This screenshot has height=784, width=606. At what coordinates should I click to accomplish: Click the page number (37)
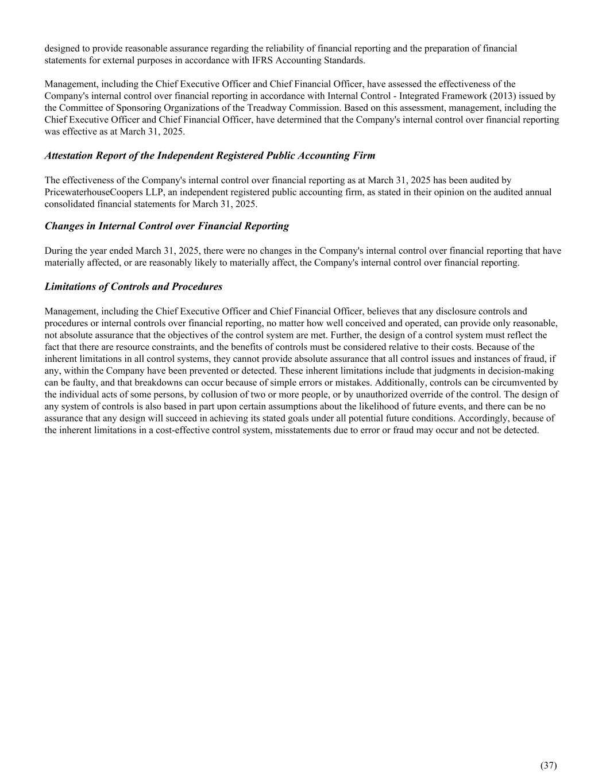(549, 765)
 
